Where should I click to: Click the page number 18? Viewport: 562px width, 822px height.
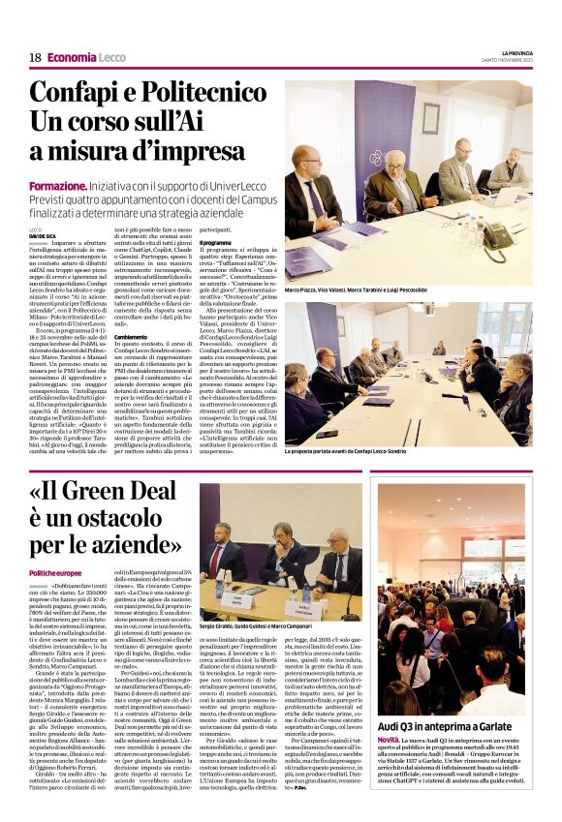coord(35,57)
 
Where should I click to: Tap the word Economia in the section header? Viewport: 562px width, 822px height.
coord(72,57)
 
